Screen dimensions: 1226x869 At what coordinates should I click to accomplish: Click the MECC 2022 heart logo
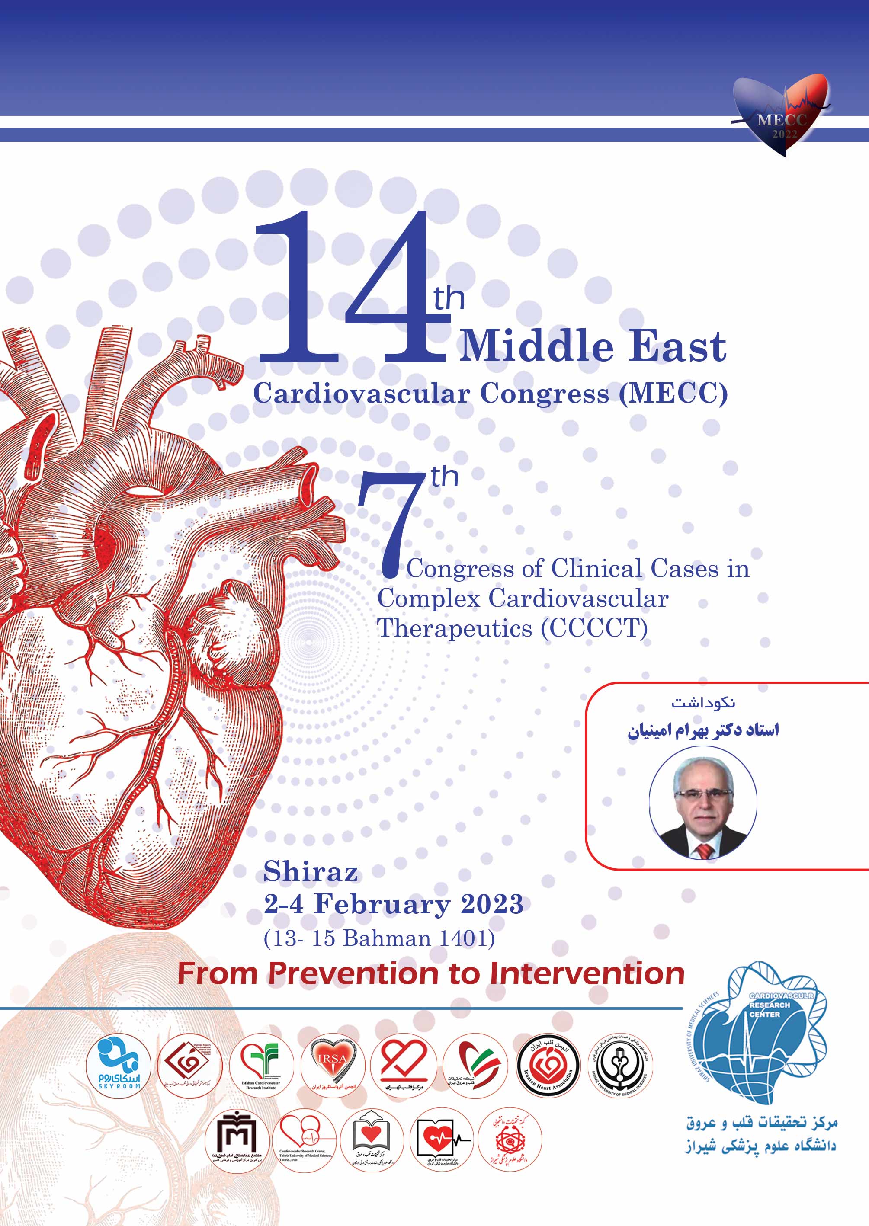pos(782,115)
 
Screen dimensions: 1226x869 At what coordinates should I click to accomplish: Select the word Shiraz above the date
pos(311,872)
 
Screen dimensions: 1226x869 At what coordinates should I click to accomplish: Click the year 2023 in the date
pos(492,905)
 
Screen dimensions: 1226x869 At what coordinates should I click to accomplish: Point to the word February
pos(382,905)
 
